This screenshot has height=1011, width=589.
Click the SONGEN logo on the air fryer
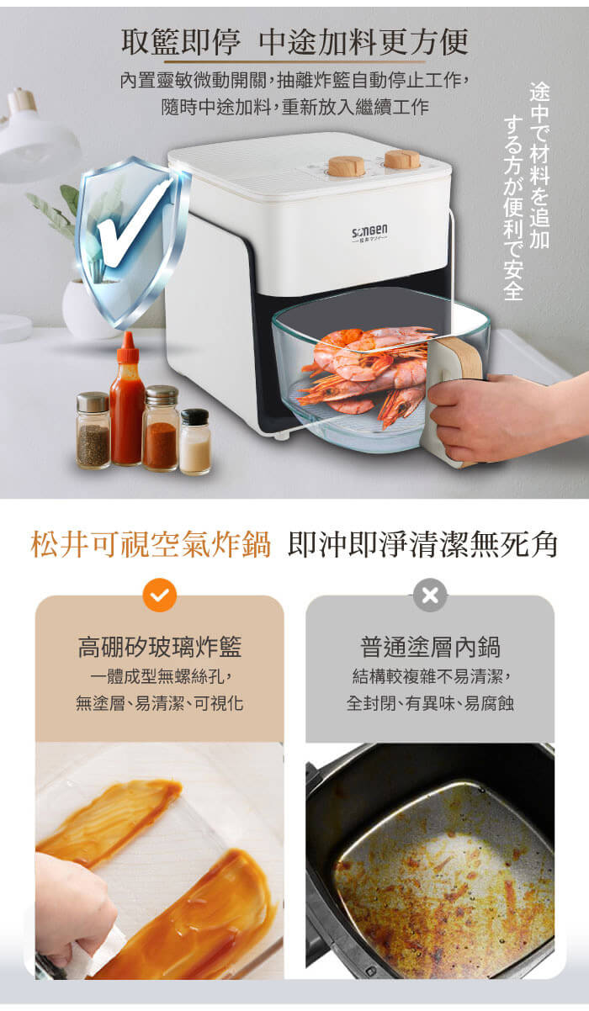click(369, 232)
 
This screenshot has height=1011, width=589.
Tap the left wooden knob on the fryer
click(347, 165)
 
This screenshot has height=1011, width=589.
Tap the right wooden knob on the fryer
click(402, 159)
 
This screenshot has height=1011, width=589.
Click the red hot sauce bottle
click(127, 400)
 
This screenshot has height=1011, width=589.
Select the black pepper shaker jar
click(93, 430)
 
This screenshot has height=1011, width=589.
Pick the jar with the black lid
click(195, 442)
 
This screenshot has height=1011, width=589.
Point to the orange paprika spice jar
click(161, 428)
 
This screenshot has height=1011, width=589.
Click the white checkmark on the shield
click(132, 225)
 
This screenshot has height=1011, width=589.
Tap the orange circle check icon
click(160, 595)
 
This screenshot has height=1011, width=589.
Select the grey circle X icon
click(430, 595)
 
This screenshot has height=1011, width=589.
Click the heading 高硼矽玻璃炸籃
click(160, 647)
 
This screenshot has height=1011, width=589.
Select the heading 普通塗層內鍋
click(430, 647)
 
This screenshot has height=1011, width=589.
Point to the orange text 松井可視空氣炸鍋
click(151, 545)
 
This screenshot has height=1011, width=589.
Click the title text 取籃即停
click(181, 42)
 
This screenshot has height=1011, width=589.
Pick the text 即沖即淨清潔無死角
click(422, 545)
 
